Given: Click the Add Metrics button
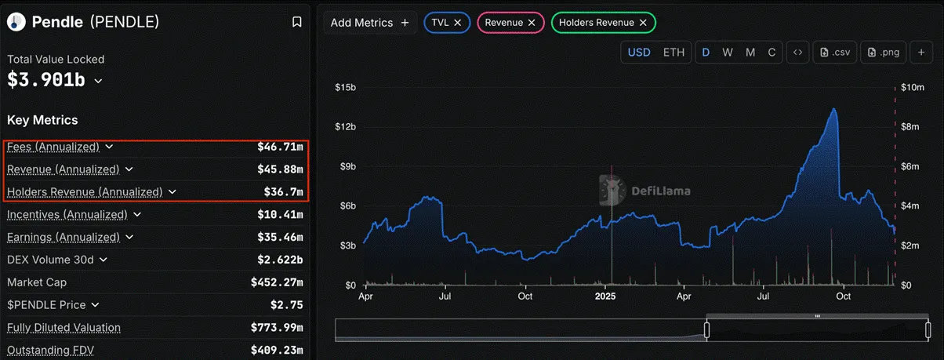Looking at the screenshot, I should pos(369,23).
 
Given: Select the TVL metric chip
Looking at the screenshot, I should pos(447,23).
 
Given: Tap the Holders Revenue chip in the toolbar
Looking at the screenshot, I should pos(603,23).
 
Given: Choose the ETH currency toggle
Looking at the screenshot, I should pos(674,53).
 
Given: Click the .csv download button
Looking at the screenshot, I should pos(834,53).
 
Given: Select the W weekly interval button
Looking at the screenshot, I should pos(728,53).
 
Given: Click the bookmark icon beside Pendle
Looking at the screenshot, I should pos(296,23).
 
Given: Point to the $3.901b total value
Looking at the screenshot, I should pos(48,79).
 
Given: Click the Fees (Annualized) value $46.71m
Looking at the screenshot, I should pos(280,147).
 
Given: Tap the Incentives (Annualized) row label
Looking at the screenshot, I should pos(67,214).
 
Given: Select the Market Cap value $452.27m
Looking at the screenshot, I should pos(276,282).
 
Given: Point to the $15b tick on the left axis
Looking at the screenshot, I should pos(344,87).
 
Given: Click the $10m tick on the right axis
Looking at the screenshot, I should pos(913,87).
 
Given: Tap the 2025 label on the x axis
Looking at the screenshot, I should pos(606,296).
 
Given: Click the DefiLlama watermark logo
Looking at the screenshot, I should pos(611,189).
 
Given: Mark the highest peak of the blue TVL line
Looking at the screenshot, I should pos(833,109).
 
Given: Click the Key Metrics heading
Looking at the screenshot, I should pos(42,120).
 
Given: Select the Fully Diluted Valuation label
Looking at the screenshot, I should pos(64,327).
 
